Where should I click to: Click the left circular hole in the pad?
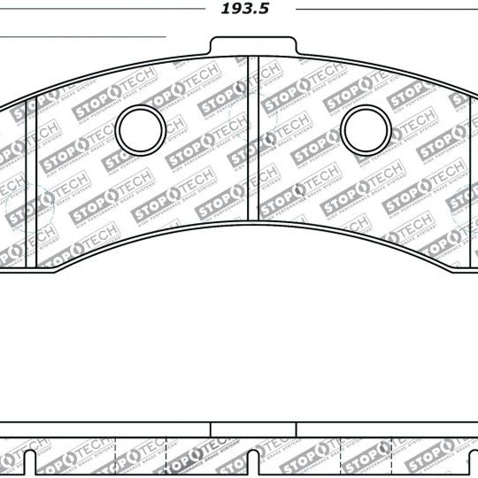[x=141, y=129]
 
